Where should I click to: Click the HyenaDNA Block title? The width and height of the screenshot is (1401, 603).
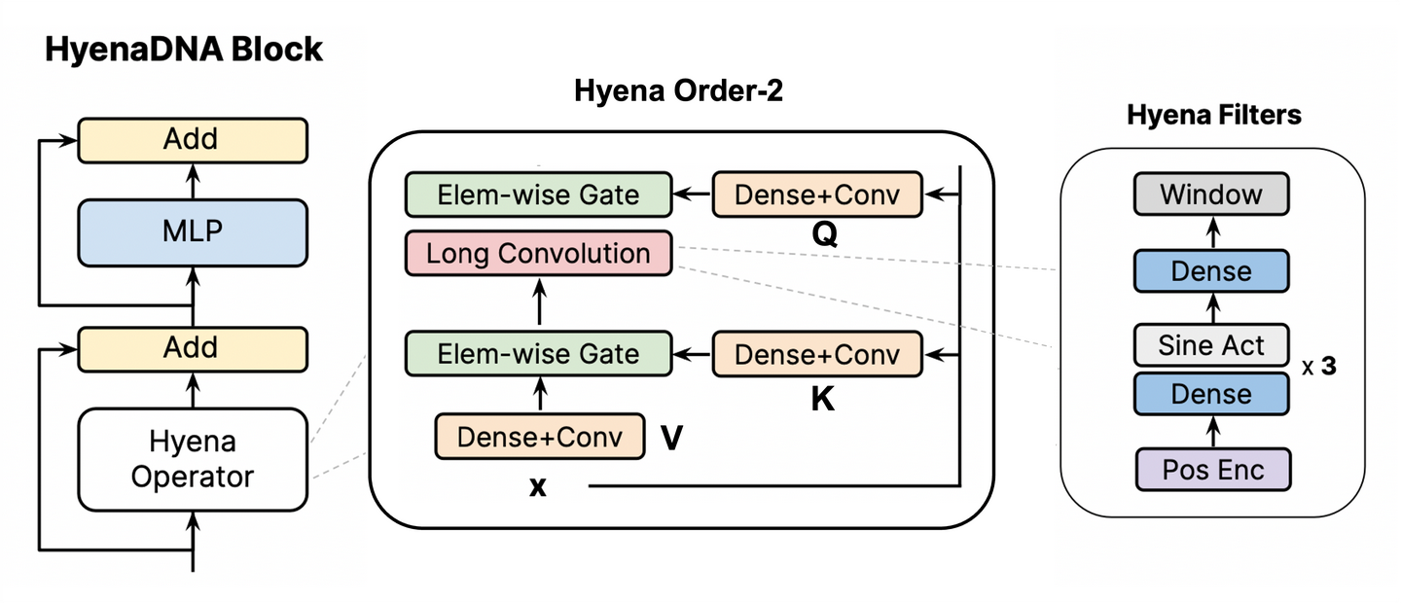184,50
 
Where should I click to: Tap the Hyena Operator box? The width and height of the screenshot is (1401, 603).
192,459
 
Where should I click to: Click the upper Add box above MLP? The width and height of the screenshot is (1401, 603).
192,140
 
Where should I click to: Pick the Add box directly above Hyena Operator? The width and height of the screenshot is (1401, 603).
192,348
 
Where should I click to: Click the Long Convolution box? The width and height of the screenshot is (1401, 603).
538,254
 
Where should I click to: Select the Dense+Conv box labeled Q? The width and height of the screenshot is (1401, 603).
817,195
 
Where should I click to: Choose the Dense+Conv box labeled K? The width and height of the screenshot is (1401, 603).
817,354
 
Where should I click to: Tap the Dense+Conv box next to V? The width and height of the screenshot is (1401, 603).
540,437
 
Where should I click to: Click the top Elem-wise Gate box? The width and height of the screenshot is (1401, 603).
538,195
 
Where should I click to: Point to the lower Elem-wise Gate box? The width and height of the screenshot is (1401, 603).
538,354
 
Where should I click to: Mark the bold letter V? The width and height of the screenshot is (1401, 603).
670,439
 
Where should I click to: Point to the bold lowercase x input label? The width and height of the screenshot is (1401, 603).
537,486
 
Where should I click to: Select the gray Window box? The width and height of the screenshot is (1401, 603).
1211,195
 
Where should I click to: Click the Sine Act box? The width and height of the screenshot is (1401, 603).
1211,345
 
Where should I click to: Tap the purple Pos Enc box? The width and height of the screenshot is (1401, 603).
1212,470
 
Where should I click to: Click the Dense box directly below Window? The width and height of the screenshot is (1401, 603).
1211,270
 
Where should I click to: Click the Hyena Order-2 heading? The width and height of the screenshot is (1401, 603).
678,92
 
